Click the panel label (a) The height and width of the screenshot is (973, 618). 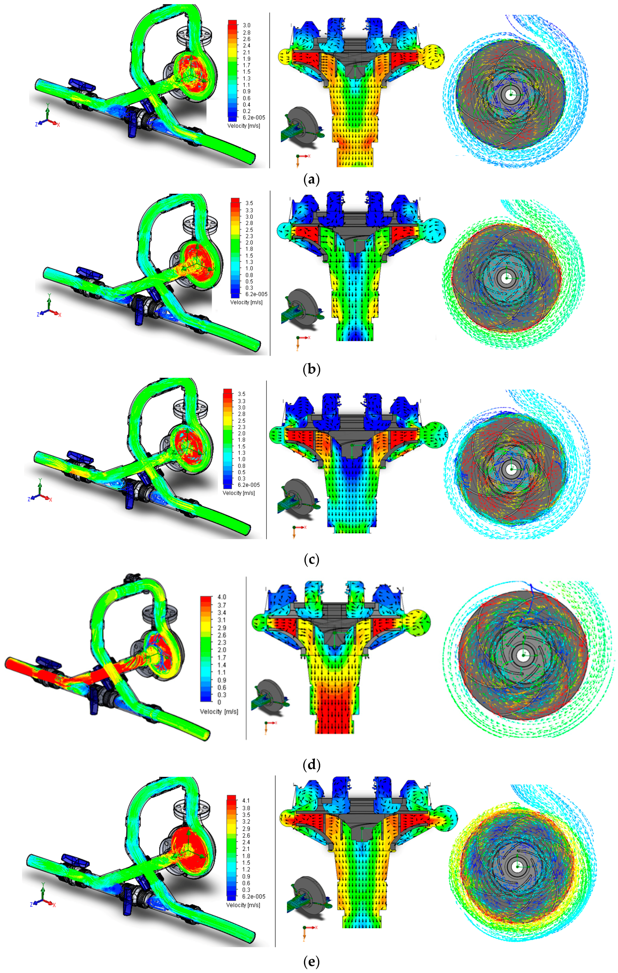[x=311, y=180]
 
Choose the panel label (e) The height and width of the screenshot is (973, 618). [x=311, y=961]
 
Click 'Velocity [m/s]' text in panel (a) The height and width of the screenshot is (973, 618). [x=244, y=126]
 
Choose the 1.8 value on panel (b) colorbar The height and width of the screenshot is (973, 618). [x=249, y=249]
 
